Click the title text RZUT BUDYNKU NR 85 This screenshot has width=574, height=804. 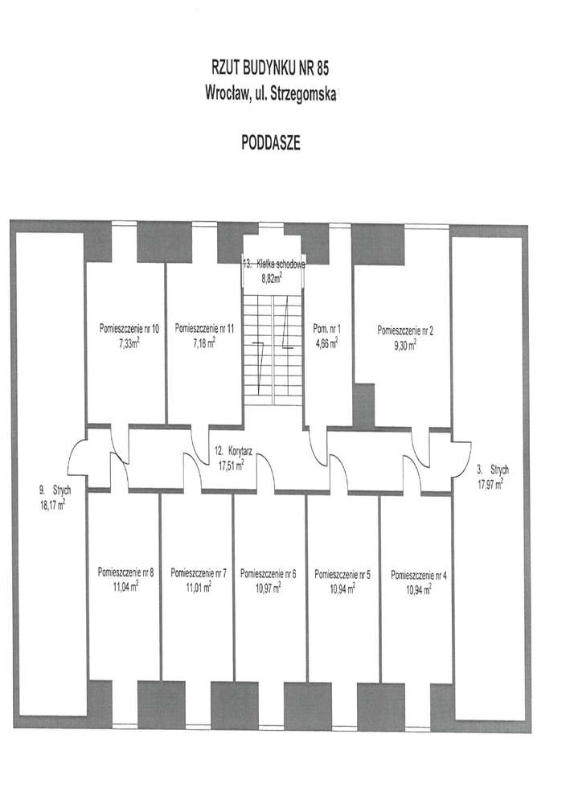(270, 68)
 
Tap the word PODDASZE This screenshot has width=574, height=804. (271, 143)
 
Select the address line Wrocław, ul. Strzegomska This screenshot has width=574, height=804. (271, 94)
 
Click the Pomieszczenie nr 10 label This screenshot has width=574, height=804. (129, 328)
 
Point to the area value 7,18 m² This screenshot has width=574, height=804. (204, 343)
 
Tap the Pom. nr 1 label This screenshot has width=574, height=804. (326, 329)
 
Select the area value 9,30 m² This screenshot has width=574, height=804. (405, 345)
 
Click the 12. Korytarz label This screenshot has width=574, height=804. (233, 452)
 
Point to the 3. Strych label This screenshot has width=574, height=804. (493, 470)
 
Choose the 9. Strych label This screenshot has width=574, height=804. (55, 490)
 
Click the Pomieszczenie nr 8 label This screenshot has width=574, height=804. (125, 572)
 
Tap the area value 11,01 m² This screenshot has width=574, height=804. (199, 587)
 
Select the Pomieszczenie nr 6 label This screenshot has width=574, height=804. (268, 574)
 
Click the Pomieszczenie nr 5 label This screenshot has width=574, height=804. (342, 575)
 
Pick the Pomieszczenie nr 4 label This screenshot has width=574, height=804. (419, 576)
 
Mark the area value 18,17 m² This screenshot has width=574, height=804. (53, 505)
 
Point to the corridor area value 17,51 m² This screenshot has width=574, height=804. (232, 465)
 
